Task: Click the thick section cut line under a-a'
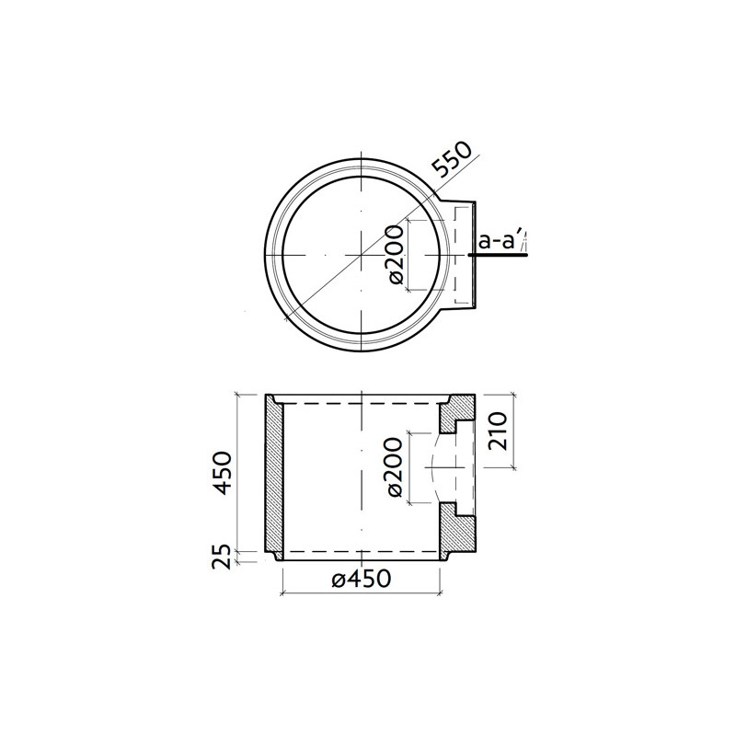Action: tap(501, 257)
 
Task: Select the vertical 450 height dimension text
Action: tap(224, 471)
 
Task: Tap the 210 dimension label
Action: tap(498, 431)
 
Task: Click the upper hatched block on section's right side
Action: tap(459, 414)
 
